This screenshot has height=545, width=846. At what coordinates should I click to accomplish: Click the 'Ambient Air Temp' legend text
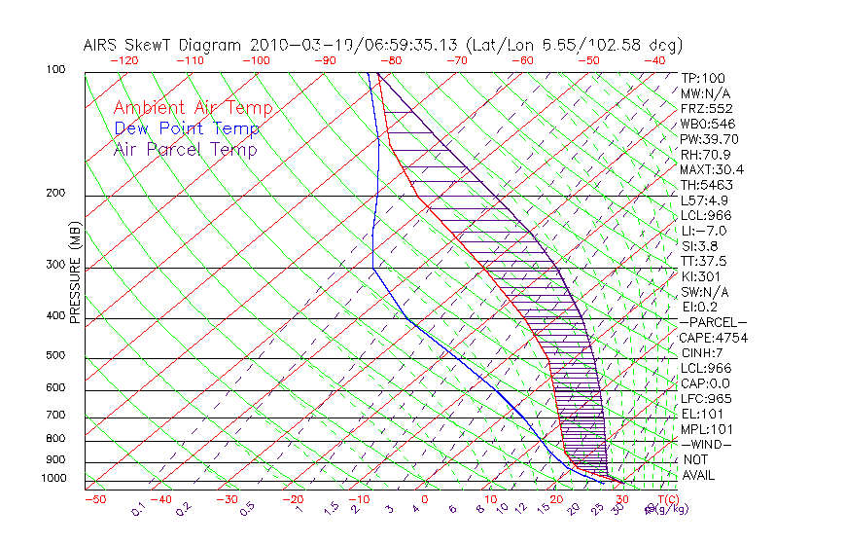pyautogui.click(x=193, y=108)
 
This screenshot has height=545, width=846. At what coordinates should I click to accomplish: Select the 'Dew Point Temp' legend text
pyautogui.click(x=186, y=128)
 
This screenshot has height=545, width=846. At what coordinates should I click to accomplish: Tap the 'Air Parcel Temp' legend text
pyautogui.click(x=185, y=149)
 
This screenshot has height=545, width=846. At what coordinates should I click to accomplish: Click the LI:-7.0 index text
pyautogui.click(x=703, y=231)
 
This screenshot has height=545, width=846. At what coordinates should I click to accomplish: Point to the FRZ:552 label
pyautogui.click(x=706, y=108)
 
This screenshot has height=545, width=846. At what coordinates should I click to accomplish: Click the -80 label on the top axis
pyautogui.click(x=391, y=60)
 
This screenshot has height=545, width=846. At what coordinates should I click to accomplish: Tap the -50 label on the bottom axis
pyautogui.click(x=94, y=499)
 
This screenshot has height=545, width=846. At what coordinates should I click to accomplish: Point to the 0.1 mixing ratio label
pyautogui.click(x=138, y=508)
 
